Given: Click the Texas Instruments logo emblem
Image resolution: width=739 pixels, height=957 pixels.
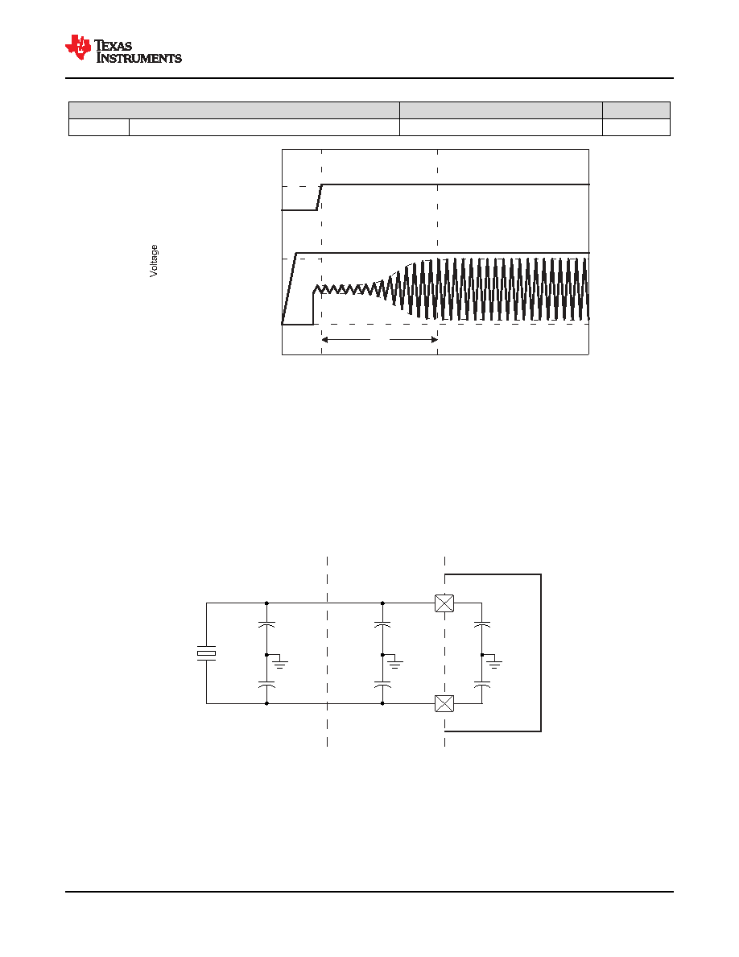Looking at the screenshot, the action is (x=78, y=47).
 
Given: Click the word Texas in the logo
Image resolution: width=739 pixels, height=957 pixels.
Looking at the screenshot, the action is (x=114, y=46).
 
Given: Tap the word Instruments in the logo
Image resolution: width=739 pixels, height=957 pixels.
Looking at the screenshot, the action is (x=139, y=58).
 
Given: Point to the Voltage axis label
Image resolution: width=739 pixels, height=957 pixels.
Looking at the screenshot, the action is (x=154, y=261).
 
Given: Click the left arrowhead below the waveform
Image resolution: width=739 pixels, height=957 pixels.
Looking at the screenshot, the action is (x=325, y=339).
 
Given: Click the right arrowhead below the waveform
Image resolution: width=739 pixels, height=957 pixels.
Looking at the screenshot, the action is (x=434, y=339).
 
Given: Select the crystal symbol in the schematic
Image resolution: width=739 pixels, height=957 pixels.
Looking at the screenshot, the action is (x=206, y=653).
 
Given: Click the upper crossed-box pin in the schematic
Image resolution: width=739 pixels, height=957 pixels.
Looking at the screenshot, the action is (x=444, y=603).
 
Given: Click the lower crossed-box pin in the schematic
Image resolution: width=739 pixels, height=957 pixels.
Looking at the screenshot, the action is (x=444, y=704).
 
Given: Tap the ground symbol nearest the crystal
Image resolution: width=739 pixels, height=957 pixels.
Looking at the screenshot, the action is (x=280, y=662).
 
